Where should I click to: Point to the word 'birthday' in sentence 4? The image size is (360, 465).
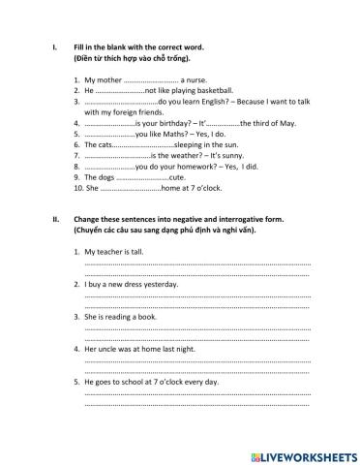click(x=171, y=123)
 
